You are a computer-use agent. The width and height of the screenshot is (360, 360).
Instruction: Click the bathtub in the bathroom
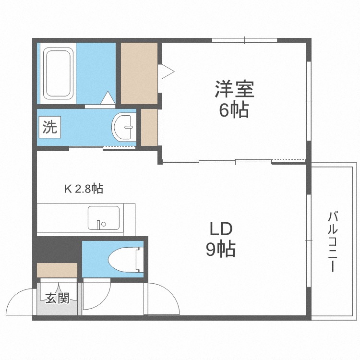(x=58, y=72)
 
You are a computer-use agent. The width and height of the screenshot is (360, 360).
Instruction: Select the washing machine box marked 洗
(x=49, y=127)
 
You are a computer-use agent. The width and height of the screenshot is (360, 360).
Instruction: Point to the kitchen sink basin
(x=103, y=217)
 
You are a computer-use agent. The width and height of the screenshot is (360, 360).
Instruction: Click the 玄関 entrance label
(x=58, y=298)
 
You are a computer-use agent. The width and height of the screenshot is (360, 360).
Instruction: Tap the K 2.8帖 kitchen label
(x=84, y=189)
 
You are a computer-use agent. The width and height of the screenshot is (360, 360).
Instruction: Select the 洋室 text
(x=234, y=90)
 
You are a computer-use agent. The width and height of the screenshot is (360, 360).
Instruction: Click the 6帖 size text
(x=234, y=110)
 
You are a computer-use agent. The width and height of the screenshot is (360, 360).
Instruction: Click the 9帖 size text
(x=220, y=249)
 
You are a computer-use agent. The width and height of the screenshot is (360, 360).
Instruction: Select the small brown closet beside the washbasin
(x=149, y=127)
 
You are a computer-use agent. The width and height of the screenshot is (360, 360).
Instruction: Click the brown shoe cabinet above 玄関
(x=57, y=270)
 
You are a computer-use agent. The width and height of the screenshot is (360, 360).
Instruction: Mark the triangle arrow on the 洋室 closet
(x=168, y=72)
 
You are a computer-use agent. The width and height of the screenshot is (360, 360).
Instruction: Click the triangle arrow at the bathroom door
(x=108, y=98)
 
